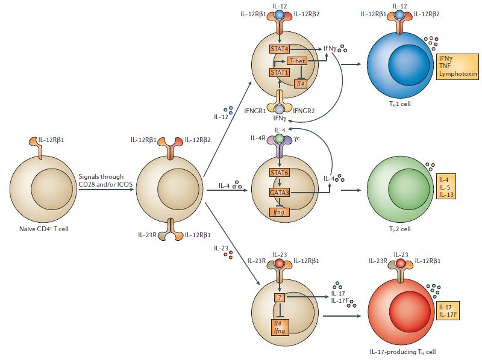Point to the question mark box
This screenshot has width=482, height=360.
(x=279, y=298)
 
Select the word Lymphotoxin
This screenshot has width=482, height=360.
(x=458, y=75)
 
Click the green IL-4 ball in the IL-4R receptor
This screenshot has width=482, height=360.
(x=279, y=140)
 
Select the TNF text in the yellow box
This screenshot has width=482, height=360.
(x=446, y=66)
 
